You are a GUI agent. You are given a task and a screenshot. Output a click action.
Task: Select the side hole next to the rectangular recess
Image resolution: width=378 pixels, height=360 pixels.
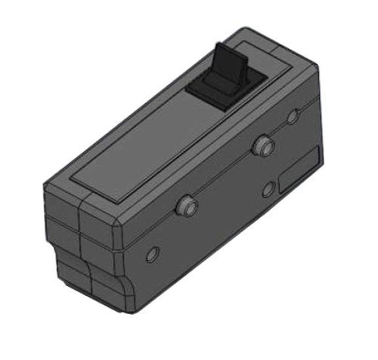coord(268,190)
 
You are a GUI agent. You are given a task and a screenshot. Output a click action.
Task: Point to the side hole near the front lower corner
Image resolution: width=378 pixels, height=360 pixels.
coord(153,254)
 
